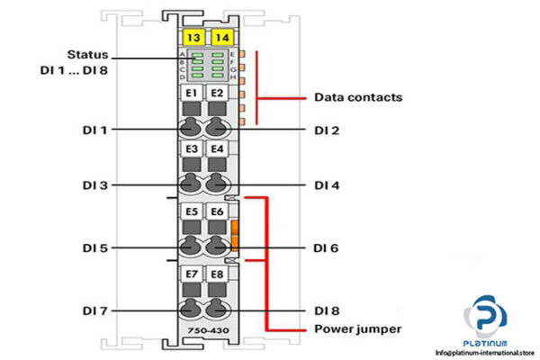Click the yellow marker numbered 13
coord(192,37)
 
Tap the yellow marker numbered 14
coord(220,37)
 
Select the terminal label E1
coord(191,93)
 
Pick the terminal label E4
coord(217,148)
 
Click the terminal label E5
coord(191,211)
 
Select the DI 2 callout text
coord(326,130)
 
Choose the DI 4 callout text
coord(326,186)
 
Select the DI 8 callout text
coord(326,310)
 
